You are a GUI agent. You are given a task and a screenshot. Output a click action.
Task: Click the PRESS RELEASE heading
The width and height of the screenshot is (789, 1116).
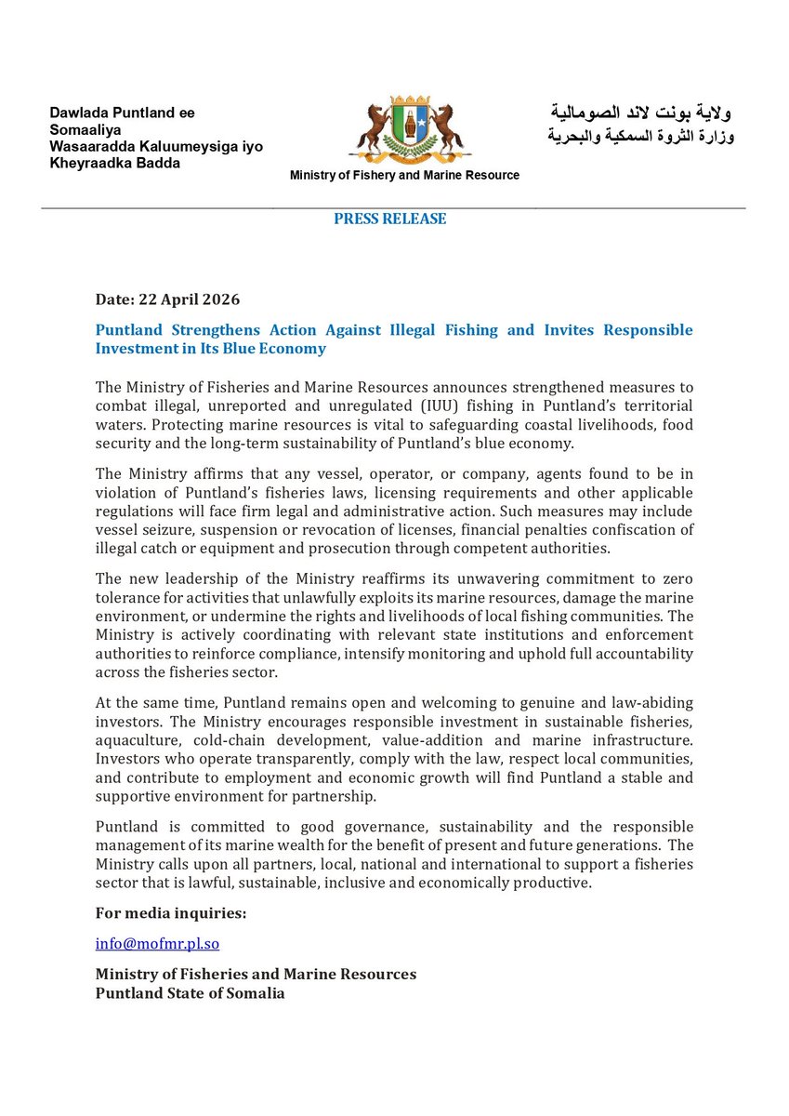390,219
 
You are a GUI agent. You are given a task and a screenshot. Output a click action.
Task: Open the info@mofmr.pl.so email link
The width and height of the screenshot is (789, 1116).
157,943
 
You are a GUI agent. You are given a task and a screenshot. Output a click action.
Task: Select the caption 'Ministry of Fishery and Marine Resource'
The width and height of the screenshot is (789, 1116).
404,176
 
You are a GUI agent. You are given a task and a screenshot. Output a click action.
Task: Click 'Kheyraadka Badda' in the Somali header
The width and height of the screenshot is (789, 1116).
115,164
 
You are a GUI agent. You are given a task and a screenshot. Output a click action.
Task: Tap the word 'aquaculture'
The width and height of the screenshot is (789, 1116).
138,739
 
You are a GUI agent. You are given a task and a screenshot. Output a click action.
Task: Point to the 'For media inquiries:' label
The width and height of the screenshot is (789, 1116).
171,913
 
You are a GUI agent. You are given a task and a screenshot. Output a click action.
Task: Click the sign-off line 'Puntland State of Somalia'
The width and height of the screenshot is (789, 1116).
190,993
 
